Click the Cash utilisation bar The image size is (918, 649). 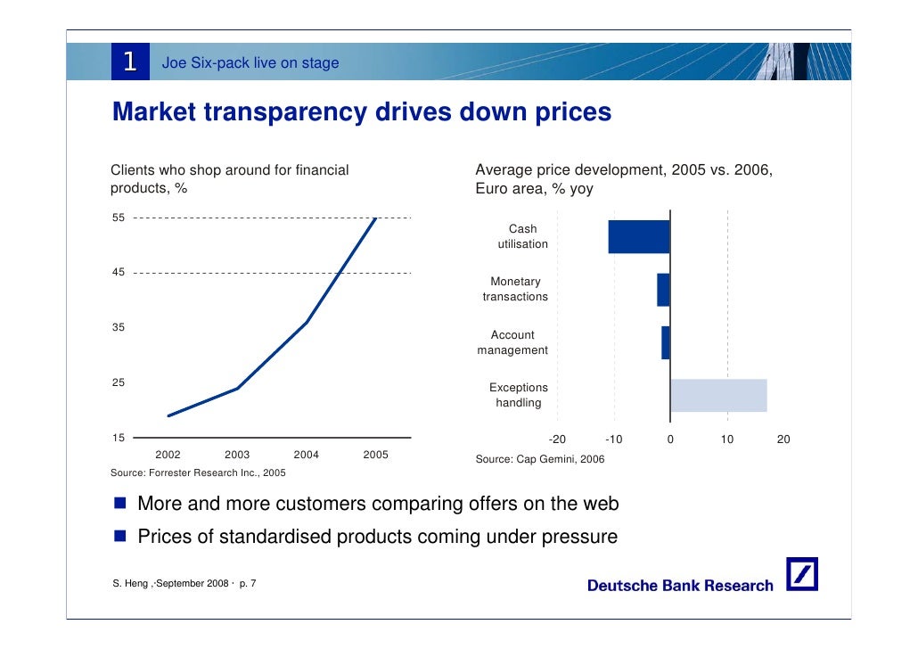pyautogui.click(x=639, y=236)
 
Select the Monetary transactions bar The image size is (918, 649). pyautogui.click(x=663, y=290)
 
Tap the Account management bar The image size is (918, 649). pyautogui.click(x=665, y=342)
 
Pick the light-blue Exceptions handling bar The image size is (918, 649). pyautogui.click(x=718, y=395)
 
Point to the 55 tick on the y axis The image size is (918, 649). pyautogui.click(x=118, y=218)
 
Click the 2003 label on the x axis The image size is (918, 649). pyautogui.click(x=237, y=455)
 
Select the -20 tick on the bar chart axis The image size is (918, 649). pyautogui.click(x=557, y=440)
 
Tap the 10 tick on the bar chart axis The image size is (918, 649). pyautogui.click(x=727, y=440)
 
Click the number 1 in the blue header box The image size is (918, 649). pyautogui.click(x=129, y=62)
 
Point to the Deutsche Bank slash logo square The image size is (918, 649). pyautogui.click(x=802, y=575)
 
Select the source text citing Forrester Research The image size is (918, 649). pyautogui.click(x=198, y=472)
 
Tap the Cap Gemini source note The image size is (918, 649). pyautogui.click(x=540, y=459)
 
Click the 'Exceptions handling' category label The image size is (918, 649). pyautogui.click(x=518, y=395)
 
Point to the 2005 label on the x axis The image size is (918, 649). pyautogui.click(x=375, y=455)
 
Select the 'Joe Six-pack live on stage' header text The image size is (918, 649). pyautogui.click(x=250, y=62)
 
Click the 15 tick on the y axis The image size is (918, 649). pyautogui.click(x=118, y=438)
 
